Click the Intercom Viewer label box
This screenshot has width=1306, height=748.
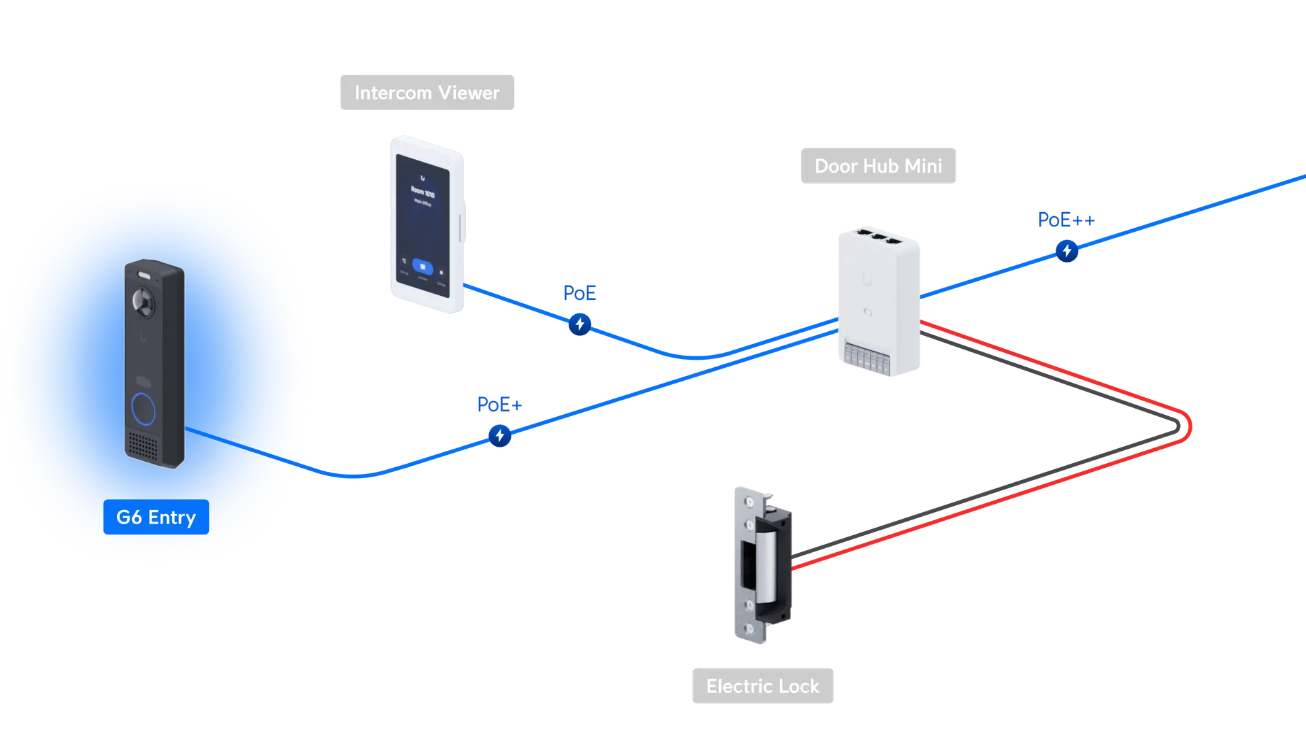426,92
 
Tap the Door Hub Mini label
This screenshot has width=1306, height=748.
877,165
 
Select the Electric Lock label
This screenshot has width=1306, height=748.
763,686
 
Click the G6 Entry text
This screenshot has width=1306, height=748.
156,517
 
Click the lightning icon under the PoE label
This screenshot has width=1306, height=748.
580,324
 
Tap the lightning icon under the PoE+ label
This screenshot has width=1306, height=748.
500,435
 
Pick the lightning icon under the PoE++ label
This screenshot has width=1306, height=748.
1067,250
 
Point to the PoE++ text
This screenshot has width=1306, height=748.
1065,220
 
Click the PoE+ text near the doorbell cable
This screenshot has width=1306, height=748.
499,405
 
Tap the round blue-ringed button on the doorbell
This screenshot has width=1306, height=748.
144,409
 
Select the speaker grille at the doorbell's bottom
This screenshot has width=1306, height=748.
144,445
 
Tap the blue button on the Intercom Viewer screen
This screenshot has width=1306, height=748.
422,267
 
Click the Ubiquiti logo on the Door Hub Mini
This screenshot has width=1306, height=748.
867,279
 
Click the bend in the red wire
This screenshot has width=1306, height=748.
1188,426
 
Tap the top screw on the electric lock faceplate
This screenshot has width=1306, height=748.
750,502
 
